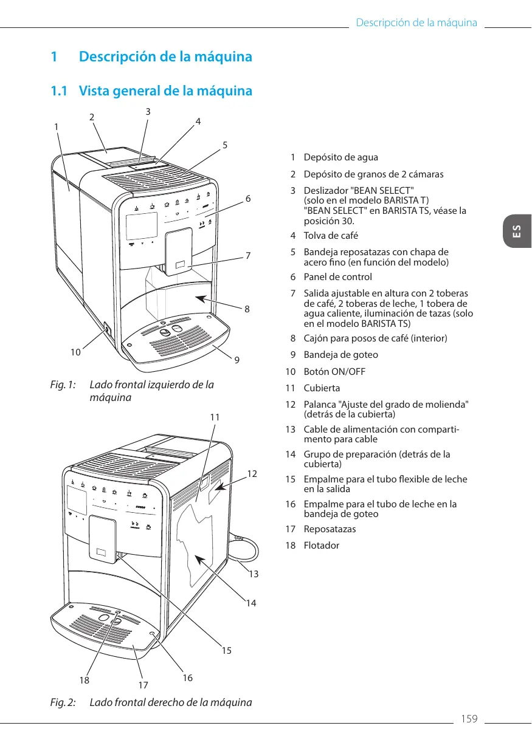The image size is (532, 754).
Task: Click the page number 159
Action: click(x=469, y=719)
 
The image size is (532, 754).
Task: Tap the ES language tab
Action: click(x=516, y=231)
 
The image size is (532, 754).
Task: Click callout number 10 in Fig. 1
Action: click(x=75, y=352)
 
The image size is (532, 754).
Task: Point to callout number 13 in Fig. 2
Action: click(x=254, y=574)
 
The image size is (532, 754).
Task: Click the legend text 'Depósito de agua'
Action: click(x=340, y=157)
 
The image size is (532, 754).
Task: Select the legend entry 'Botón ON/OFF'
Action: click(x=334, y=371)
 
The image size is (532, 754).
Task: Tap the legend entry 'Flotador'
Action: click(x=322, y=545)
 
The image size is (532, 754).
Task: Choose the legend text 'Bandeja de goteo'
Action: click(x=340, y=355)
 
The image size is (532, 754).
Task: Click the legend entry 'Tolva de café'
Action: click(x=331, y=235)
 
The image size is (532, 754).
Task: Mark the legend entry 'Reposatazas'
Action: click(x=330, y=529)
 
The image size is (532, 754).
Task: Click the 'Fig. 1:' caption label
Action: click(x=63, y=385)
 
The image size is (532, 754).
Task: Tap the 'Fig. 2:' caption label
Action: click(x=63, y=702)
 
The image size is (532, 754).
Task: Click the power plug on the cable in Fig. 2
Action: click(x=239, y=538)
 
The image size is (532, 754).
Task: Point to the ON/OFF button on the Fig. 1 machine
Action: click(x=107, y=330)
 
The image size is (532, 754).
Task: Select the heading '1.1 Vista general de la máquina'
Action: click(x=151, y=91)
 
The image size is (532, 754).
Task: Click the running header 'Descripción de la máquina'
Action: click(x=416, y=23)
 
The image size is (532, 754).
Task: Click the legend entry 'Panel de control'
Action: click(x=337, y=277)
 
